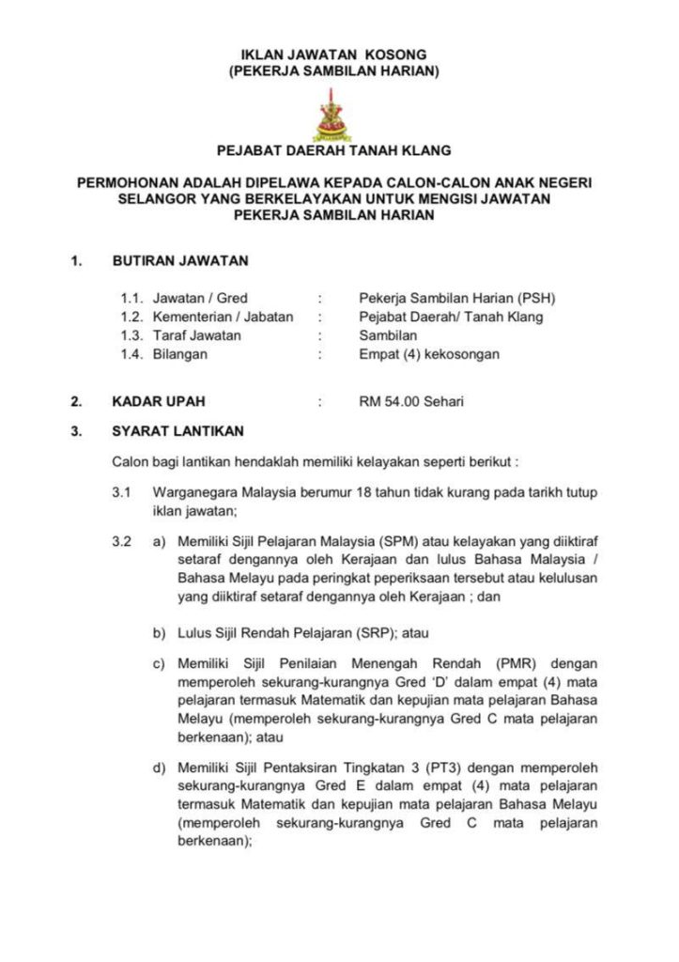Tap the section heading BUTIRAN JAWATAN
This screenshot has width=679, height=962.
tap(180, 261)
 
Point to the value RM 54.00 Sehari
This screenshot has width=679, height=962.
tap(411, 401)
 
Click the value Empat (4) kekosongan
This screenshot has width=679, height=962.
tap(429, 354)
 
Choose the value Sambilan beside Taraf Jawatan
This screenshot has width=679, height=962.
tap(388, 335)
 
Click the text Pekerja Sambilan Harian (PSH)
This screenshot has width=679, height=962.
tap(457, 298)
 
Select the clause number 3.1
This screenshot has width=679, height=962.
tap(121, 492)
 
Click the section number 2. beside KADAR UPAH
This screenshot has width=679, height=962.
tap(75, 401)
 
